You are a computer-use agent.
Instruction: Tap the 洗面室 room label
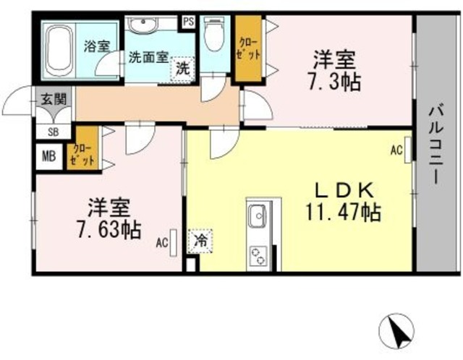pyautogui.click(x=149, y=56)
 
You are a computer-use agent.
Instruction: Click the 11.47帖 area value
pyautogui.click(x=342, y=213)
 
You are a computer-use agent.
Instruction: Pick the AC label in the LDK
pyautogui.click(x=396, y=150)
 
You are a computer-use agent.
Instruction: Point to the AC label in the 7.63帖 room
pyautogui.click(x=162, y=242)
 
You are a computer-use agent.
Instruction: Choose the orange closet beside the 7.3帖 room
pyautogui.click(x=247, y=49)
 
